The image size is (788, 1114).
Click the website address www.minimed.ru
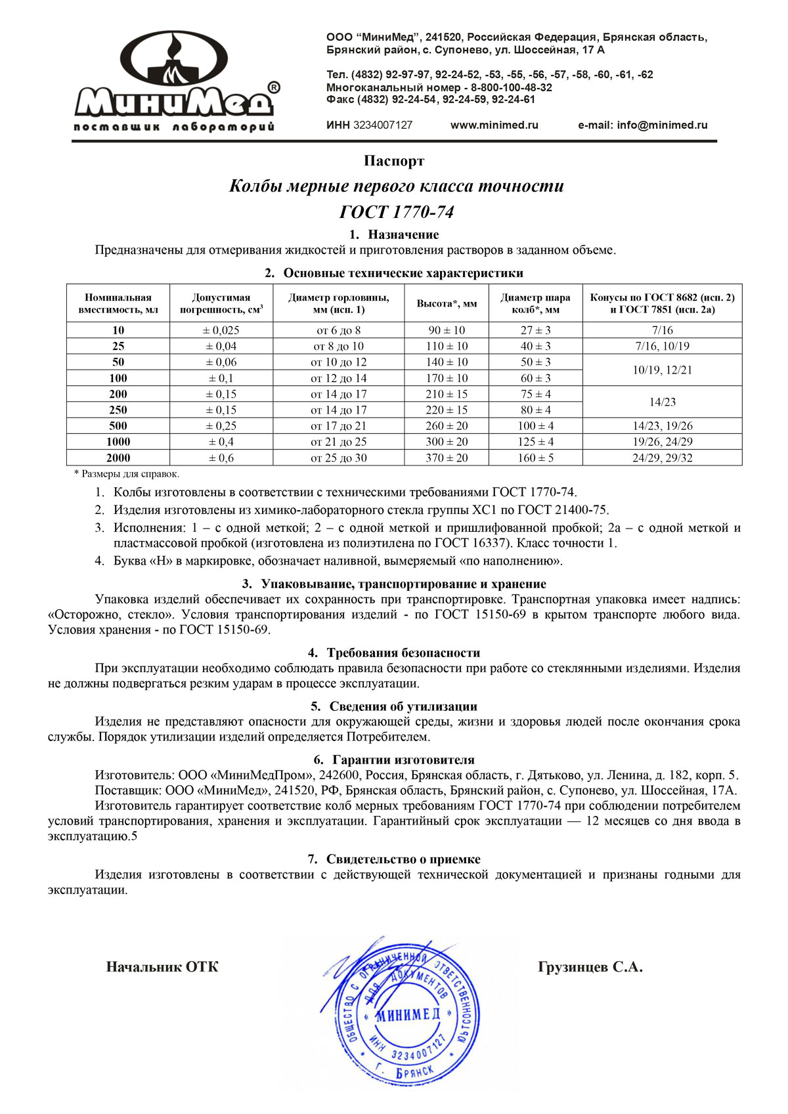(494, 125)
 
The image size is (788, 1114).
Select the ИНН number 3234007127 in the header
(382, 125)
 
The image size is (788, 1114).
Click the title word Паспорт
(394, 161)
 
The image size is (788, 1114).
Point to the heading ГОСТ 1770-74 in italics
(396, 212)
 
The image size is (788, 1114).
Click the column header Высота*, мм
(447, 303)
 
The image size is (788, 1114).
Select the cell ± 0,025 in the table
(221, 330)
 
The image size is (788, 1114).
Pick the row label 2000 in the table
(118, 458)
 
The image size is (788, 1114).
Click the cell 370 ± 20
(447, 458)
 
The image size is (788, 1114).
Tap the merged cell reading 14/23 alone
(662, 402)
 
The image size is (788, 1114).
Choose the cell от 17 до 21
(338, 425)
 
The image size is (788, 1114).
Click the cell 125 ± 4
(535, 442)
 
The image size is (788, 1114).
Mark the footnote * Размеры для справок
(126, 474)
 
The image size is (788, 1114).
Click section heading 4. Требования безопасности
(394, 653)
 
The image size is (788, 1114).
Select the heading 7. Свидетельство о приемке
(394, 859)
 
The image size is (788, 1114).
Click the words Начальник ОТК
(162, 967)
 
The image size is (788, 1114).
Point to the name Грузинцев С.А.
(590, 967)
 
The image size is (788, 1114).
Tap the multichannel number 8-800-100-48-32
(511, 87)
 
